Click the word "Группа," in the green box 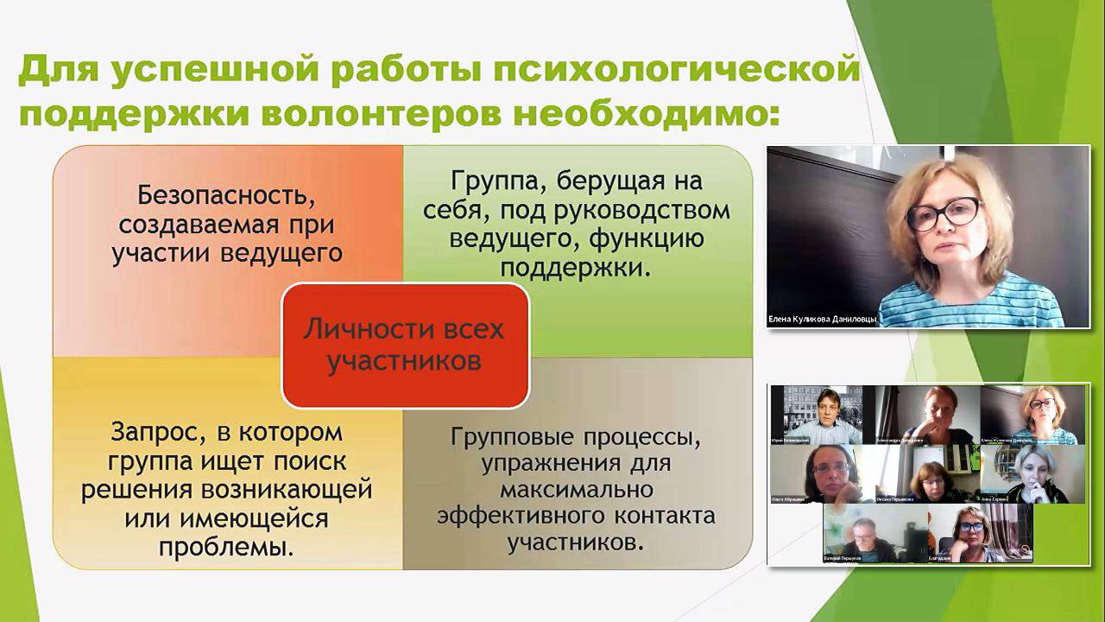point(497,182)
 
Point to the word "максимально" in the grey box point(576,490)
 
